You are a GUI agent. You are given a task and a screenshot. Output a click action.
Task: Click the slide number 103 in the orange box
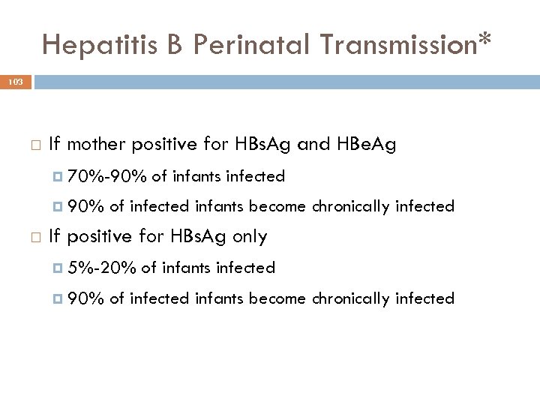[x=16, y=82]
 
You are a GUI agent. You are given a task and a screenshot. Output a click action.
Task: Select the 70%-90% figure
[x=107, y=176]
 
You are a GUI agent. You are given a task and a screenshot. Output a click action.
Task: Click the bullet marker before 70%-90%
[x=59, y=177]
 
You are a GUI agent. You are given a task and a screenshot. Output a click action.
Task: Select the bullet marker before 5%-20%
[x=59, y=268]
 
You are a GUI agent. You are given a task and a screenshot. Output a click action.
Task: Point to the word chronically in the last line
[x=351, y=298]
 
